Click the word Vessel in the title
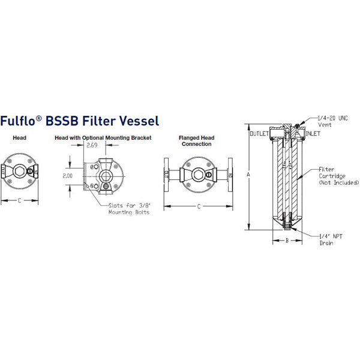[139, 121]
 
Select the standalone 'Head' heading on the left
[19, 137]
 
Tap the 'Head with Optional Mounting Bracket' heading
[103, 137]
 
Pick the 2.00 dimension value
[67, 176]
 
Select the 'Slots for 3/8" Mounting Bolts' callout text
[128, 208]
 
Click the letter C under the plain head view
[19, 200]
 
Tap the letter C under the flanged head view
[199, 206]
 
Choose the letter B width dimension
[287, 241]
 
